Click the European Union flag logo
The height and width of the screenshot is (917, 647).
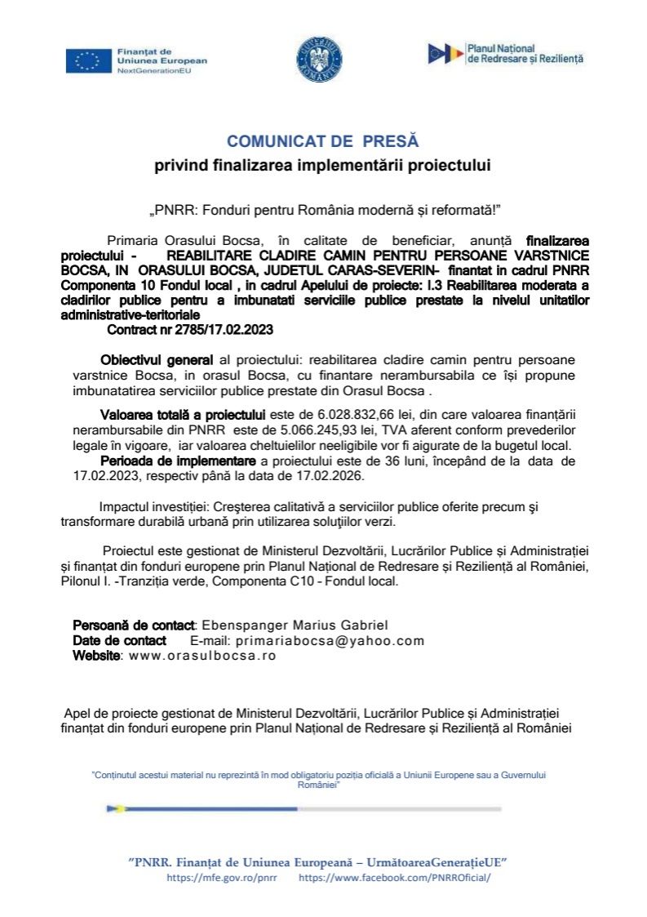(x=88, y=60)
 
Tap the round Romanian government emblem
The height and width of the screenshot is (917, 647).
(x=319, y=60)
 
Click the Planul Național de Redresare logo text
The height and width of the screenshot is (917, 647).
(x=525, y=55)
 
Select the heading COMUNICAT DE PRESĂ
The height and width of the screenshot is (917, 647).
(x=322, y=141)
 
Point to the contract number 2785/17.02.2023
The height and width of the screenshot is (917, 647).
(x=190, y=331)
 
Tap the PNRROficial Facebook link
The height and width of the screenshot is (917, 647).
(x=395, y=878)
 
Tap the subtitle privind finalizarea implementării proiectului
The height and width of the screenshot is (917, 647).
(x=323, y=167)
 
